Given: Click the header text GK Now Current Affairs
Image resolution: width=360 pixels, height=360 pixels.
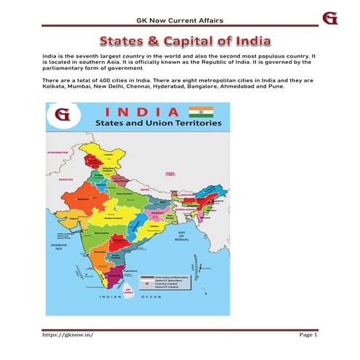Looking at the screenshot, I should tap(180, 18).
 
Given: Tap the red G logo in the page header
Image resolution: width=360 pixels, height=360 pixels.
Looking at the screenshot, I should tap(330, 17).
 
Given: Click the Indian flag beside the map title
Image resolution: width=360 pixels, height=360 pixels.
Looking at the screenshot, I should tap(198, 112).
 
